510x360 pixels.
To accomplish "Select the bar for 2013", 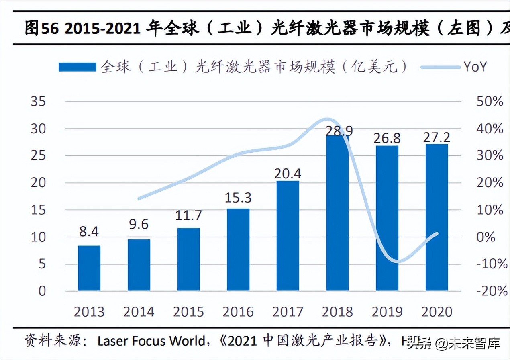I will point(89,268).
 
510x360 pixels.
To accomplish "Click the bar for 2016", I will point(238,250).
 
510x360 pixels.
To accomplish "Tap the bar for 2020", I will point(437,217).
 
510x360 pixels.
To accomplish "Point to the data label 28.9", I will point(337,131).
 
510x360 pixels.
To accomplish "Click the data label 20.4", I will point(288,173).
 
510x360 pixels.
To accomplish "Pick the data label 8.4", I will point(89,231).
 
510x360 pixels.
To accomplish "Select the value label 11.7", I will point(188,215).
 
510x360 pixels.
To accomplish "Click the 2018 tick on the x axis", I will point(337,311).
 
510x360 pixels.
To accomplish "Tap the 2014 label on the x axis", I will point(139,311).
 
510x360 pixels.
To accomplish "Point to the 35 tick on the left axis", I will point(39,101).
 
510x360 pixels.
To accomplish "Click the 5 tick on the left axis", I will point(42,264).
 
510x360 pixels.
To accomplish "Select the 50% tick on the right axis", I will point(490,101).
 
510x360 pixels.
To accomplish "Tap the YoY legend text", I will point(475,67).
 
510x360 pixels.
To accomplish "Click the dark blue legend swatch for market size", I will point(77,67).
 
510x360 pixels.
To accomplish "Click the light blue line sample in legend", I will point(440,67).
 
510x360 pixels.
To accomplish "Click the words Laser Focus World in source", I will point(151,342).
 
